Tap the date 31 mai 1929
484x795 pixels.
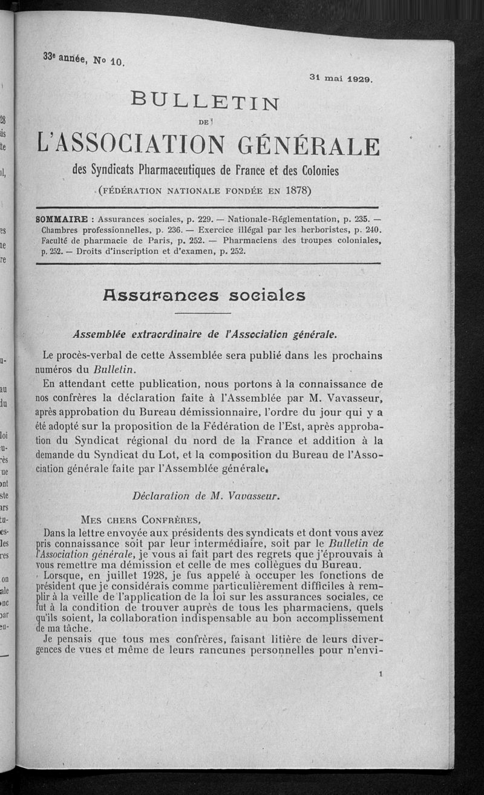coord(342,78)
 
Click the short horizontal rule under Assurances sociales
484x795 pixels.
coord(203,313)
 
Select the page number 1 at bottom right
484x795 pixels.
coord(379,673)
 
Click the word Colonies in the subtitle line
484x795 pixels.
coord(311,171)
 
